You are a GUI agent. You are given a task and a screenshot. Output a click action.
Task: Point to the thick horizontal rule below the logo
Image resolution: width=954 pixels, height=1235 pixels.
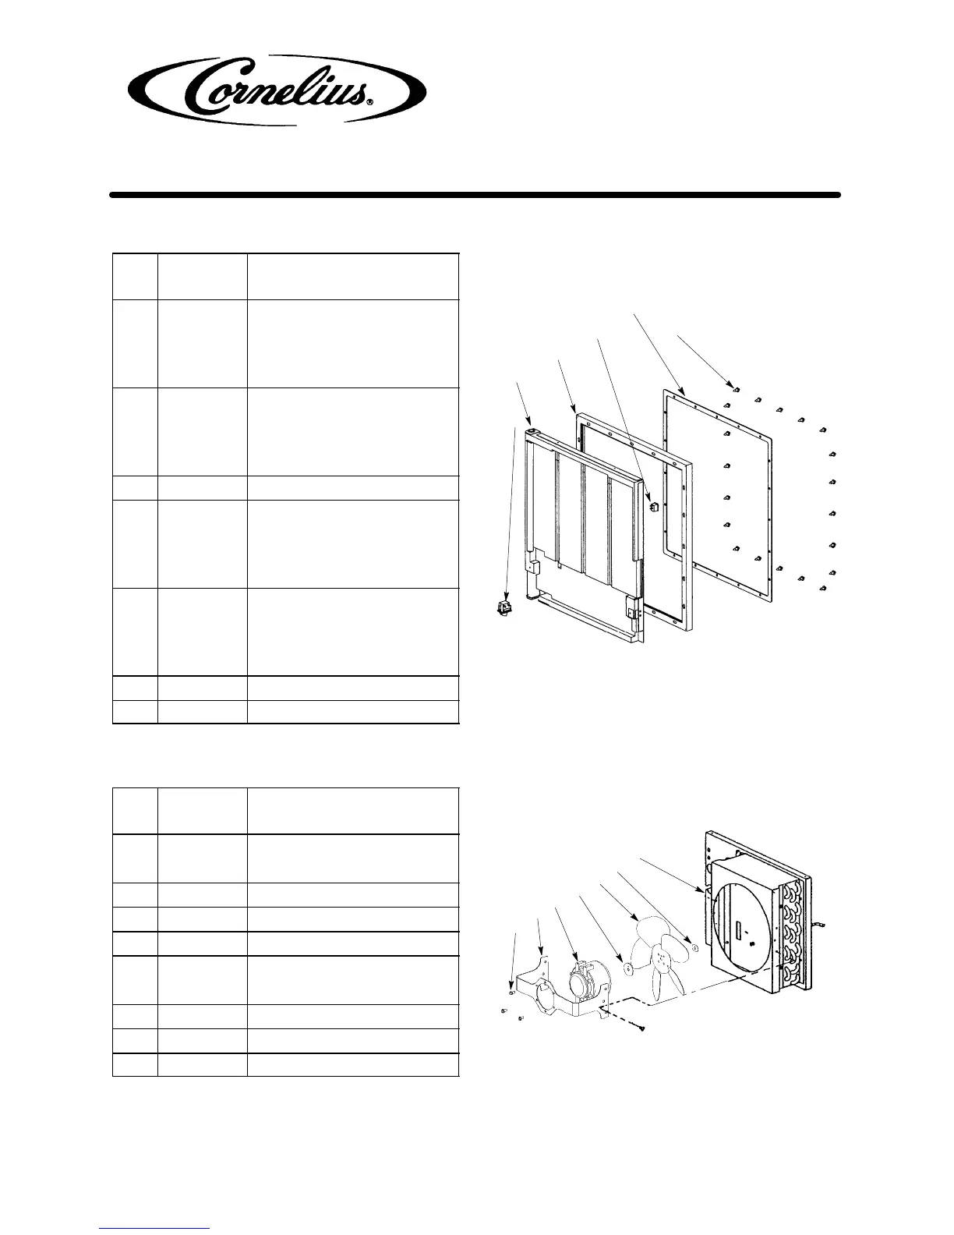(x=475, y=195)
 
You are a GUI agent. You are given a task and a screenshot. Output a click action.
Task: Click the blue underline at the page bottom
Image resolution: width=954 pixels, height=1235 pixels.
(x=155, y=1228)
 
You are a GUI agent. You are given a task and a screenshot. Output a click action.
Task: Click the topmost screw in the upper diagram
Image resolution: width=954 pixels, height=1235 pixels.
(x=736, y=387)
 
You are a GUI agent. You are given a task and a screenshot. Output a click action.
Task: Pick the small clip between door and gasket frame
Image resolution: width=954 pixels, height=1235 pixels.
(x=654, y=505)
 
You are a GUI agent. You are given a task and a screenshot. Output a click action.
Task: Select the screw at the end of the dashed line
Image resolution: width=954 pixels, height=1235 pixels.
(x=641, y=1028)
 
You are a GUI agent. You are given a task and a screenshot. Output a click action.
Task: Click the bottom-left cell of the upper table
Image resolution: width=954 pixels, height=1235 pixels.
(x=135, y=712)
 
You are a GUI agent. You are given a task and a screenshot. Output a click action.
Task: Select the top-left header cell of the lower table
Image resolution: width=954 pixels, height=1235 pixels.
(x=135, y=811)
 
